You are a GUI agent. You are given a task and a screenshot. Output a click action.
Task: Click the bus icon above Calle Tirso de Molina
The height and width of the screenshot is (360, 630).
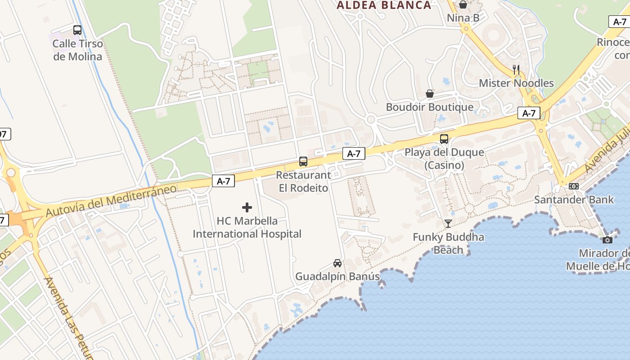(77, 30)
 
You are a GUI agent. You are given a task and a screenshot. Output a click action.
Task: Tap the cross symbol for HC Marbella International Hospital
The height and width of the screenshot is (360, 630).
(247, 207)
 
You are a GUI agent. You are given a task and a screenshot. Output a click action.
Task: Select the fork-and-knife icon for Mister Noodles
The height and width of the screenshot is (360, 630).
(516, 70)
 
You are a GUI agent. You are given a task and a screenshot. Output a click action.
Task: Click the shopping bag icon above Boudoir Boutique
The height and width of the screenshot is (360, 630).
(430, 94)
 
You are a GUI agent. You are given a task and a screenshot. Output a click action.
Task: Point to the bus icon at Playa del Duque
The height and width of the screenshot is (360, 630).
(444, 139)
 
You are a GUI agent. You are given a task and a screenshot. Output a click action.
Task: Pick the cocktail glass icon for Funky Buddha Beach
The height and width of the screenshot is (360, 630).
(448, 223)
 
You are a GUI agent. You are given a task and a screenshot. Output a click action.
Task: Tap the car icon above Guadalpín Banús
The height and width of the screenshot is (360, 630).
(337, 263)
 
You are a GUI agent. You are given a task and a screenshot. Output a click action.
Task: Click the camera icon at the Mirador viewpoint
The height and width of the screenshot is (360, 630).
(607, 240)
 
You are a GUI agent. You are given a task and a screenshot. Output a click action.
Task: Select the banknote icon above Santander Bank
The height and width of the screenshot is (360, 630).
(574, 186)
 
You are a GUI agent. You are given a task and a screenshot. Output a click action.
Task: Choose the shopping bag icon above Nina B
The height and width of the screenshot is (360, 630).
(463, 4)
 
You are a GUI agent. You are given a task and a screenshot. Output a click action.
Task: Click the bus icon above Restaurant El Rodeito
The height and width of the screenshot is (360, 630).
(303, 162)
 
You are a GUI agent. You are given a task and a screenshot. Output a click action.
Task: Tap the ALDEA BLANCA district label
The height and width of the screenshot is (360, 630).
(384, 5)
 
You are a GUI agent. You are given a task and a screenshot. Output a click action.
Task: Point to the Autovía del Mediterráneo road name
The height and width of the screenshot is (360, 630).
(111, 200)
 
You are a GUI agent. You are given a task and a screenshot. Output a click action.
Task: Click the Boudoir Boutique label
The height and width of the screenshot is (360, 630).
(430, 107)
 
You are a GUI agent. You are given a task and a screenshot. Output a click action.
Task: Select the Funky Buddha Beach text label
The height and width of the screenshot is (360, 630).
(448, 243)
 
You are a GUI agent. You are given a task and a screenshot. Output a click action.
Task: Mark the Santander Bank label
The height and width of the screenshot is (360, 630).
(574, 199)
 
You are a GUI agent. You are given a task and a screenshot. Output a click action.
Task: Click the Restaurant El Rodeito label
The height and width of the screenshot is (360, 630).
(303, 181)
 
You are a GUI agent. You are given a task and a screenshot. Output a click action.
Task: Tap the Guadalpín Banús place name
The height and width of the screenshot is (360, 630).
(337, 276)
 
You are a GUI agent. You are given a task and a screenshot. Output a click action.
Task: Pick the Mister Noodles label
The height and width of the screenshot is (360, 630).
(516, 83)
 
